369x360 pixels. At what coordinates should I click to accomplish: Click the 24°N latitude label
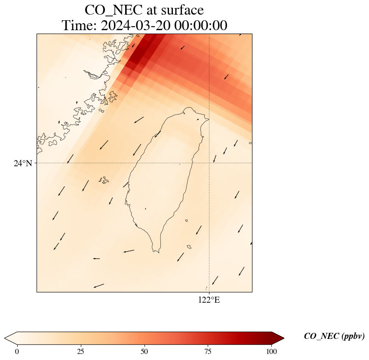coord(23,163)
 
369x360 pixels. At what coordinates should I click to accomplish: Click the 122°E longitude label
coord(209,300)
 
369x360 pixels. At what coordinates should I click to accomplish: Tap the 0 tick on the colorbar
coord(17,351)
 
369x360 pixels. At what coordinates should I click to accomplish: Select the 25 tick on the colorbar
coord(81,351)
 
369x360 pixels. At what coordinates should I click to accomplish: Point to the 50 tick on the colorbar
coord(145,351)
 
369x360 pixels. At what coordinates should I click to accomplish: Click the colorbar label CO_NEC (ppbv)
coord(334,336)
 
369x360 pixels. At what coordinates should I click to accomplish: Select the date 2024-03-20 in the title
coord(135,26)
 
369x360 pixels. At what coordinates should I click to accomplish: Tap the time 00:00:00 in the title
coord(201,26)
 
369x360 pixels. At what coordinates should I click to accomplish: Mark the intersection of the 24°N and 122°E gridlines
coord(209,163)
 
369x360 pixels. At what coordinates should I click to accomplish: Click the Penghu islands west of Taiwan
coord(103,179)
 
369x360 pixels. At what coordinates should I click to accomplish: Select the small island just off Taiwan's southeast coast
coord(189,247)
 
